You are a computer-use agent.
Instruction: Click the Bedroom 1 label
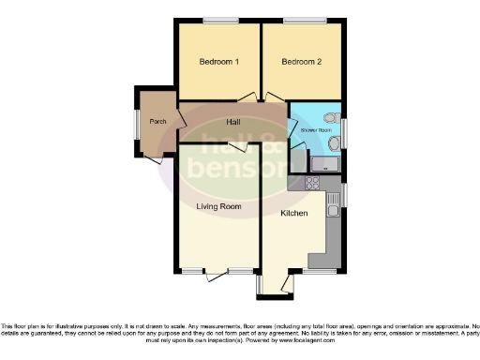(218, 62)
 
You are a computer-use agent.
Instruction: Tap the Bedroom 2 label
(302, 62)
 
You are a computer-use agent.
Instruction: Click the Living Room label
(218, 206)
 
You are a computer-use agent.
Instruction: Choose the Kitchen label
(294, 214)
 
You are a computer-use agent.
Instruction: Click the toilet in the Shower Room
(328, 118)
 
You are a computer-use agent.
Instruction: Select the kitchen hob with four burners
(312, 184)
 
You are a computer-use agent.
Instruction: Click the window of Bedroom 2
(301, 21)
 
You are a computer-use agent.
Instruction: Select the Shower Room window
(343, 128)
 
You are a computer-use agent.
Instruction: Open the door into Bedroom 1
(247, 97)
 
